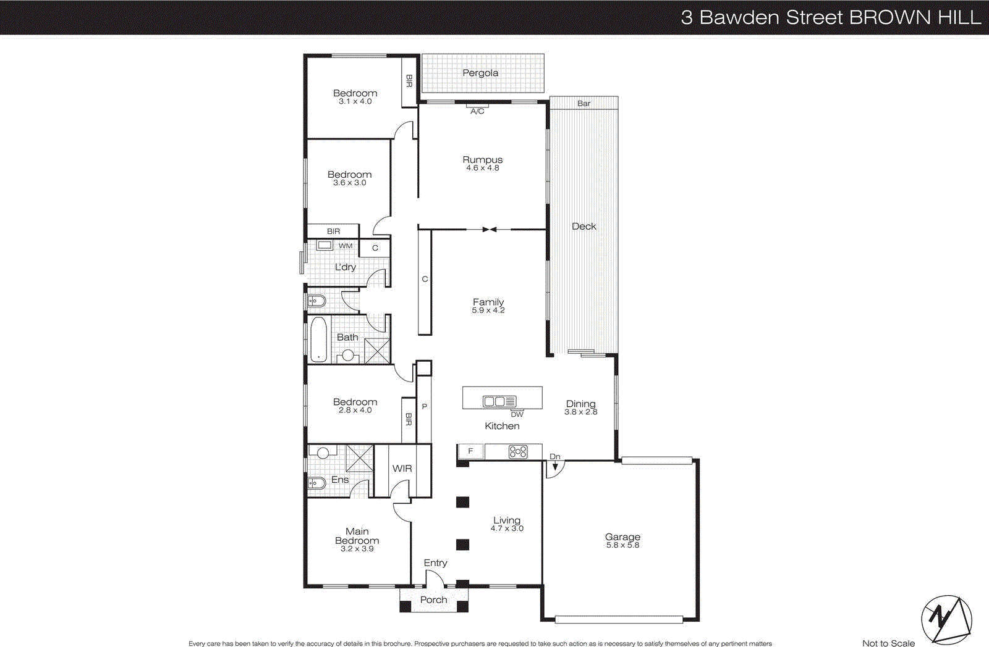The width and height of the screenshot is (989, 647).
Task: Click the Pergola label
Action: tap(480, 73)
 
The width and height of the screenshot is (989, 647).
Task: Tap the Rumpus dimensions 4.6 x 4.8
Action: tap(483, 168)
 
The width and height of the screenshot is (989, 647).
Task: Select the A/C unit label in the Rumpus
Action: tap(477, 111)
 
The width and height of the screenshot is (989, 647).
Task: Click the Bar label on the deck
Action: tap(584, 103)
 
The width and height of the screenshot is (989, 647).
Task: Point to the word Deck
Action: tap(584, 227)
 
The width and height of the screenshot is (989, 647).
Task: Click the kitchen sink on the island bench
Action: tap(499, 401)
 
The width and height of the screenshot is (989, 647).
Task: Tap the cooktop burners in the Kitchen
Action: tap(518, 452)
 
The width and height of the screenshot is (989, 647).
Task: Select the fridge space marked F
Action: tap(470, 451)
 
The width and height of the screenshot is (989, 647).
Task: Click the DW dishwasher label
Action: tap(517, 414)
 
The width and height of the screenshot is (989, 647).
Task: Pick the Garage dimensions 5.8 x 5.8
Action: tap(622, 545)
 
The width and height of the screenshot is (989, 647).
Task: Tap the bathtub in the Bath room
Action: tap(318, 339)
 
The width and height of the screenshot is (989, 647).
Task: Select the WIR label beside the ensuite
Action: tap(402, 469)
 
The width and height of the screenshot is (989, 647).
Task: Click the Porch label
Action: tap(433, 600)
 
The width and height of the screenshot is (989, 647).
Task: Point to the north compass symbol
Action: tap(946, 619)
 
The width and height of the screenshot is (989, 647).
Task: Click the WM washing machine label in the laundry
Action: tap(346, 246)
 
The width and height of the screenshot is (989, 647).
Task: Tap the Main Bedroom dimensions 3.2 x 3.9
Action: tap(357, 549)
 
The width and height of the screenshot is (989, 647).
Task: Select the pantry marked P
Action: tap(424, 406)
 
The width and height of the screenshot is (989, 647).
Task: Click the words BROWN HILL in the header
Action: tap(915, 17)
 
